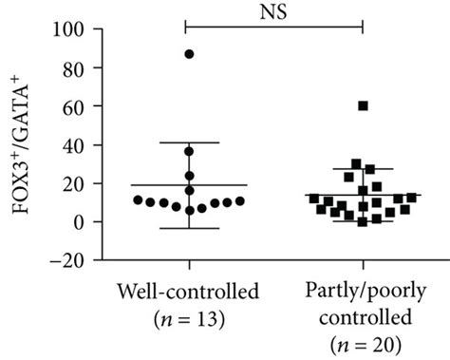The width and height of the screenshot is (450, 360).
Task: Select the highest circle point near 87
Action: pos(189,54)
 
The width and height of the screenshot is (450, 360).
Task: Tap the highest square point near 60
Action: pos(363,105)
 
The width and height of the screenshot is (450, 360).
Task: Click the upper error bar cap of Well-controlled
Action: pos(189,142)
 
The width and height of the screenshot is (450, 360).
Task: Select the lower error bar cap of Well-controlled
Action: pos(189,228)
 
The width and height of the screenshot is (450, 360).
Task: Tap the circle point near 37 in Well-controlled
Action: pos(189,151)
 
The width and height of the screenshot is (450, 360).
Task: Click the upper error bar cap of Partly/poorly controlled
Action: pos(363,169)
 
